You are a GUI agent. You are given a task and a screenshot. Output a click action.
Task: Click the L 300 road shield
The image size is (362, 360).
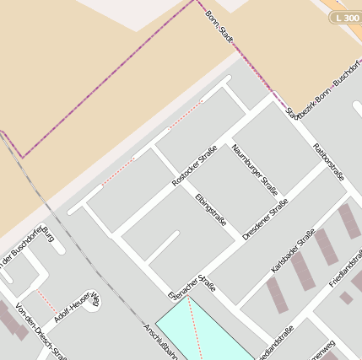tap(346, 17)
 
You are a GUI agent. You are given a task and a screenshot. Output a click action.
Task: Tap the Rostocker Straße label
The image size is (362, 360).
tap(194, 165)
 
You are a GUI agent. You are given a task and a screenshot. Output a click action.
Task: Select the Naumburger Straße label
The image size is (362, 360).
tap(254, 168)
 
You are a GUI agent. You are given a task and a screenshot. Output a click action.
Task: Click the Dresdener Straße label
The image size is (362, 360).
tap(265, 219)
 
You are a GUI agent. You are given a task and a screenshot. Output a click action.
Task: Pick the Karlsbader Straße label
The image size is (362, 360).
tap(293, 250)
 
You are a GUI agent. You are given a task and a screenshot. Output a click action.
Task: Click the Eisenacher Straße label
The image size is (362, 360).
tap(192, 283)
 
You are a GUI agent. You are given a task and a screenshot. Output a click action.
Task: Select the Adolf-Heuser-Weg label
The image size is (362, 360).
tap(77, 308)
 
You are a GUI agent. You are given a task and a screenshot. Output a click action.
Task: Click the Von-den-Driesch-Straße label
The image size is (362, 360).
tap(41, 333)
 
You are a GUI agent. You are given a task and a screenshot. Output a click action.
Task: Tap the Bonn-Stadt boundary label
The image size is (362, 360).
tap(219, 26)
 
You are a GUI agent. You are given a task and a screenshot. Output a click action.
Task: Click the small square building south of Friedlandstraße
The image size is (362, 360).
tap(346, 298)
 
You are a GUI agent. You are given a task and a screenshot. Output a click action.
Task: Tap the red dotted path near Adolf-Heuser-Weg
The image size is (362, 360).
tap(46, 302)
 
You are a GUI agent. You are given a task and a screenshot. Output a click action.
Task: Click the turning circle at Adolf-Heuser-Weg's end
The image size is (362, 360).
tap(90, 301)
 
